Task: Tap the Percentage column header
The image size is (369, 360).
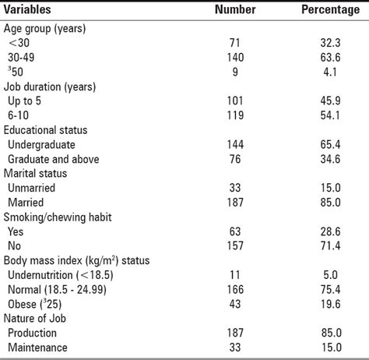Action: pyautogui.click(x=328, y=9)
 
